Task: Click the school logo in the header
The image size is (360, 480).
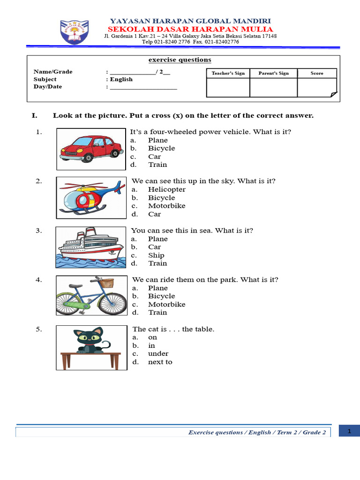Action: (x=74, y=32)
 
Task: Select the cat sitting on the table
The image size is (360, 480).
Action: (x=91, y=340)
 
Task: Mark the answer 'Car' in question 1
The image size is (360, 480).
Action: (x=154, y=157)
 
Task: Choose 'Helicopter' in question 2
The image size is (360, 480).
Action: (x=166, y=189)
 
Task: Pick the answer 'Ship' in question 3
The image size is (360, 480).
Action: (x=156, y=255)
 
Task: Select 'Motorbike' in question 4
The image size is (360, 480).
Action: (x=166, y=304)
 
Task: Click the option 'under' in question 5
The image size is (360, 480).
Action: (x=158, y=353)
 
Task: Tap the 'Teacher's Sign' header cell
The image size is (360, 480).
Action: (x=228, y=73)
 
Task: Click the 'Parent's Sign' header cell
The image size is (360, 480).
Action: (x=273, y=73)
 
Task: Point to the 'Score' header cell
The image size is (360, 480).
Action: (x=317, y=73)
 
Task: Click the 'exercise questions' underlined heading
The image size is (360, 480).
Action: (x=180, y=60)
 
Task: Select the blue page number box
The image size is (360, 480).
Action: (x=349, y=431)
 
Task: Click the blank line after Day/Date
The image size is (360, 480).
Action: (x=143, y=87)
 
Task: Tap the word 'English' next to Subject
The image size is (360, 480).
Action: (x=121, y=79)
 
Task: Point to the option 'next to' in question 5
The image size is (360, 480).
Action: (x=160, y=362)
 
